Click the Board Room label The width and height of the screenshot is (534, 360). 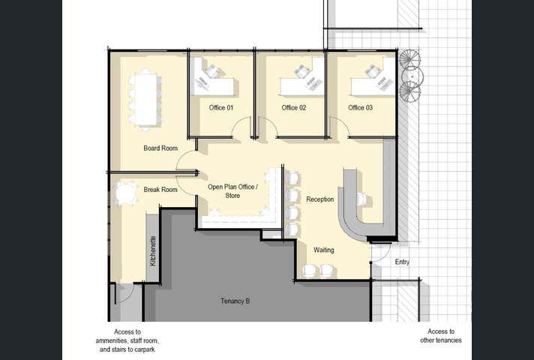[x=160, y=148]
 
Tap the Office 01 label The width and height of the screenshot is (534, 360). [x=221, y=108]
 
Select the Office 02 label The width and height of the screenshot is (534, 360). [x=293, y=108]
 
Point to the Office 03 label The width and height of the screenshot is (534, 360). [x=360, y=108]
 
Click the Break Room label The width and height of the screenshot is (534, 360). [x=160, y=190]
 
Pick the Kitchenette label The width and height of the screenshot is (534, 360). [x=153, y=251]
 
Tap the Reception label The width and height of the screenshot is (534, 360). [x=319, y=199]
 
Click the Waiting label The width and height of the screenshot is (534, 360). [x=323, y=250]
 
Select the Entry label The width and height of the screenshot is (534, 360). [x=402, y=262]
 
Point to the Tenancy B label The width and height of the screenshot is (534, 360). [x=235, y=301]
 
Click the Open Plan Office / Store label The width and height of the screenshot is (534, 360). [x=233, y=191]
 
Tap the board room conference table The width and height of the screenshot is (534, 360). [x=145, y=100]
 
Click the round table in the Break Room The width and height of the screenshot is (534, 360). [x=126, y=193]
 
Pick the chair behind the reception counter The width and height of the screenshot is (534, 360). [x=361, y=199]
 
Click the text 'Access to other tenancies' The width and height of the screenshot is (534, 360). [x=441, y=336]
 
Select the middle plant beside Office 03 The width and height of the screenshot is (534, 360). [x=412, y=76]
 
